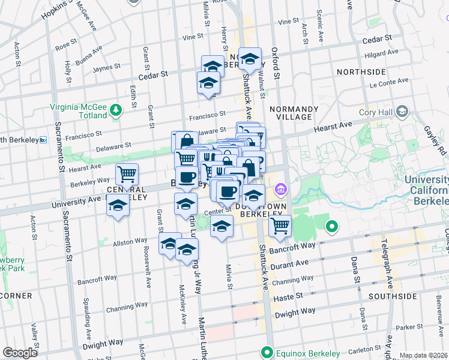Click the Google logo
pos(20,352)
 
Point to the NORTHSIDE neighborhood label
pos(361,72)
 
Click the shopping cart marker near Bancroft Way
pos(280,226)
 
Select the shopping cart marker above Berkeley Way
pos(127,175)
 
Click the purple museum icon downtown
pos(279,190)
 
